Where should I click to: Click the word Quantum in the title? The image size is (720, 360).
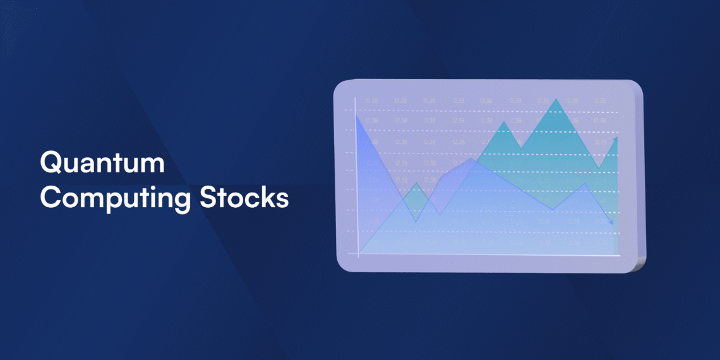102,164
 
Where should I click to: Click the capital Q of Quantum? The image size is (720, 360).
51,164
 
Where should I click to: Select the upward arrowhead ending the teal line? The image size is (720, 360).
615,139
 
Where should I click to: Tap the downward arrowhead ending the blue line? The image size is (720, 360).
610,222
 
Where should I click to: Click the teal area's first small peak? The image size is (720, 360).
416,184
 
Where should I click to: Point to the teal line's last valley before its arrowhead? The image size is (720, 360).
599,168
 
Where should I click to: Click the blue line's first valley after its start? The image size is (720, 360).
416,221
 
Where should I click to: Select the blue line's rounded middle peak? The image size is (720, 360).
471,159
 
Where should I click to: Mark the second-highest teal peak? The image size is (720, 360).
503,121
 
